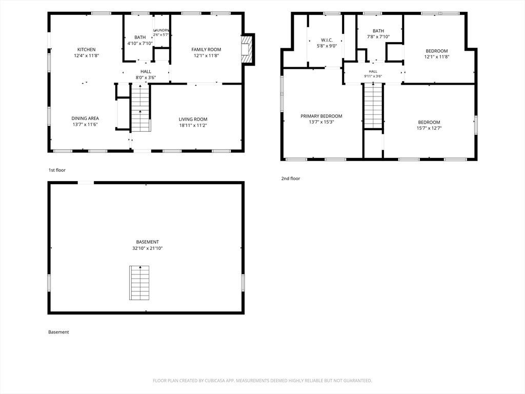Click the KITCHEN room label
pyautogui.click(x=86, y=50)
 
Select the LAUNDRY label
pyautogui.click(x=161, y=30)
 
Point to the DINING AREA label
pyautogui.click(x=85, y=119)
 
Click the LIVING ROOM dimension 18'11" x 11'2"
pyautogui.click(x=193, y=125)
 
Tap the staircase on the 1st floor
pyautogui.click(x=140, y=108)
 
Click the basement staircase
pyautogui.click(x=139, y=283)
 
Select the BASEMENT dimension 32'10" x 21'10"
pyautogui.click(x=147, y=248)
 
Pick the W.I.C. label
pyautogui.click(x=327, y=40)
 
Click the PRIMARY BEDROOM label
pyautogui.click(x=321, y=116)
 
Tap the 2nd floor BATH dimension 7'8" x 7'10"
pyautogui.click(x=378, y=37)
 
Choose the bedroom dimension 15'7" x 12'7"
pyautogui.click(x=429, y=128)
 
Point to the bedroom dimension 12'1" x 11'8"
pyautogui.click(x=437, y=57)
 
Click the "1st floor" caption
pyautogui.click(x=57, y=170)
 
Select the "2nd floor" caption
pyautogui.click(x=291, y=179)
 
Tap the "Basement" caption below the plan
pyautogui.click(x=58, y=332)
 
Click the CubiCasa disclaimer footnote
pyautogui.click(x=262, y=381)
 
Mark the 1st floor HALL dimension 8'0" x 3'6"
pyautogui.click(x=146, y=78)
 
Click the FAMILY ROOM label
pyautogui.click(x=206, y=50)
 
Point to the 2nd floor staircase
pyautogui.click(x=373, y=106)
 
